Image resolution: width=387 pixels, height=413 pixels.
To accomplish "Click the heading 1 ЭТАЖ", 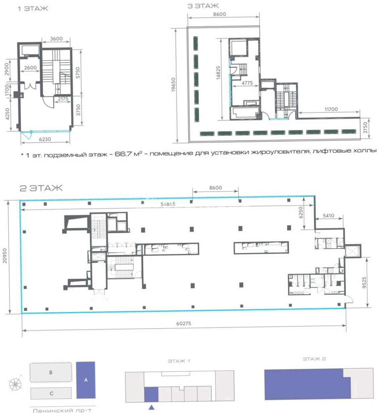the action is pos(33,9).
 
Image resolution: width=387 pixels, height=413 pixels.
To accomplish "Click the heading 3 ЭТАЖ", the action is pos(203,6).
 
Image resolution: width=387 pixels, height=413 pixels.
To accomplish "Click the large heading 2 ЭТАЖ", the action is pos(41,188).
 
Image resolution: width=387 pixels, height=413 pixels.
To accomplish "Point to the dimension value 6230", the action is pos(45,139).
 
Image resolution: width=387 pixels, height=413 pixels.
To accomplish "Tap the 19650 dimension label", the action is pos(173,85).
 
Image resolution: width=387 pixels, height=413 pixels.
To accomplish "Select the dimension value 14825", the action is pos(218,73).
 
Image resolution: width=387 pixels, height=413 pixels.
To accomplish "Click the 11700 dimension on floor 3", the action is pos(331,109).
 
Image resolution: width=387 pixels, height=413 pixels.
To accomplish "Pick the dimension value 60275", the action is pos(184,323).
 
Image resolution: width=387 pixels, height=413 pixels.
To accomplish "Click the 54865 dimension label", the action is pos(168,204).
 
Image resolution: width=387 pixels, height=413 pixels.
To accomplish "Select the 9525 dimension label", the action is pos(364,282).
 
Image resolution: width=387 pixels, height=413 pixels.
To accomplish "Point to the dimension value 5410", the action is pos(328,216).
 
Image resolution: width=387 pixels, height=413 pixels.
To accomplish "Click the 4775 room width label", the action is pos(247,83).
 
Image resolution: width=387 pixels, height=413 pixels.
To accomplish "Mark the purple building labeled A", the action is pos(86,380).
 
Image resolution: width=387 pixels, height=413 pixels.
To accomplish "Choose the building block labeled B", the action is pos(51,372).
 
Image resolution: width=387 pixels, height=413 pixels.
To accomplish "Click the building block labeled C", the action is pos(51,393).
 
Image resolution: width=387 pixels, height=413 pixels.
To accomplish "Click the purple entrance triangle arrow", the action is pos(152,407).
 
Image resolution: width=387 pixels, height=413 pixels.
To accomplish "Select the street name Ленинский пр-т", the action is pos(62,410).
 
